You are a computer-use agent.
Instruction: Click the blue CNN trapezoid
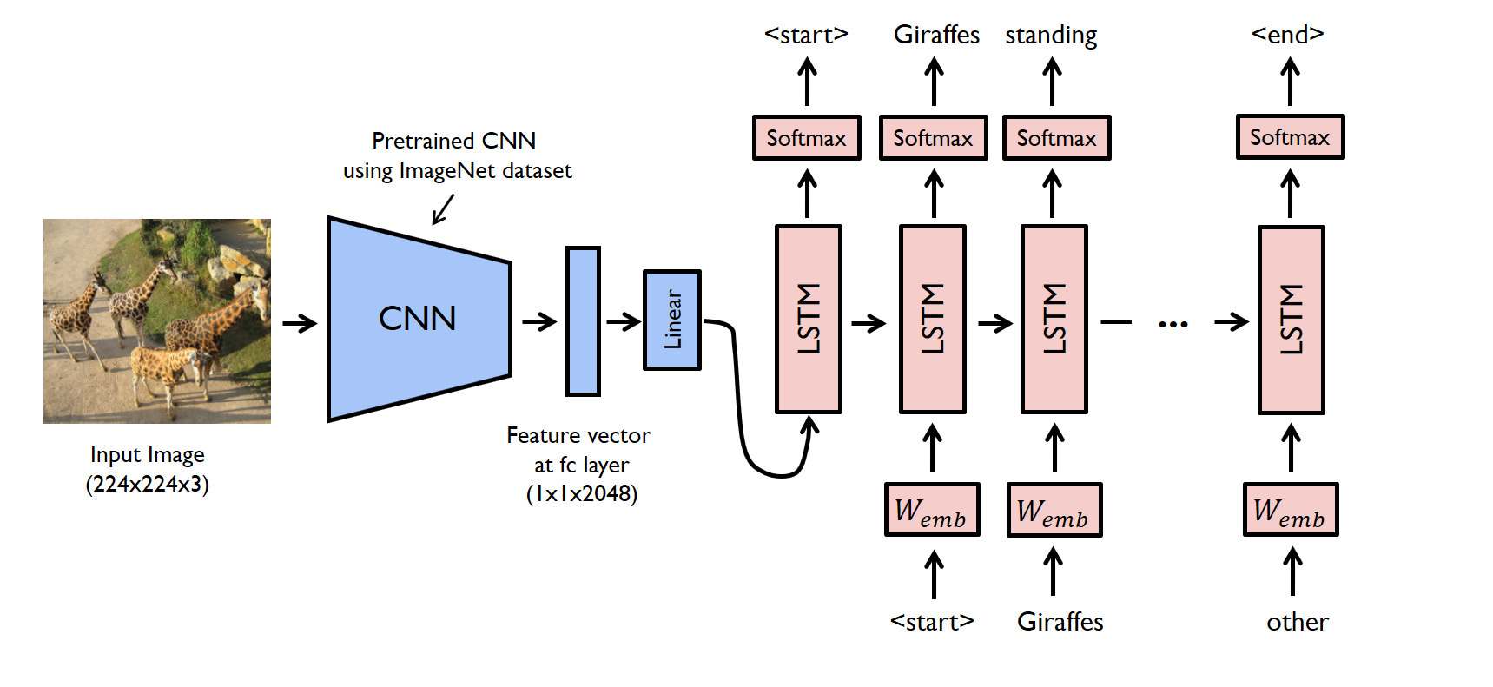click(x=419, y=319)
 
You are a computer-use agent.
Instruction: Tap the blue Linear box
click(x=672, y=320)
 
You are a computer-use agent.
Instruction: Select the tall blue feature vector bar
click(x=583, y=321)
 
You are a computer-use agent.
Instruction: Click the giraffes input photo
click(x=157, y=321)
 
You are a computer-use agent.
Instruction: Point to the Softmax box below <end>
click(x=1290, y=137)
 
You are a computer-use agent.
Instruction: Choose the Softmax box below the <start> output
click(x=807, y=138)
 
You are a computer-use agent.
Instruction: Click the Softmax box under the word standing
click(x=1057, y=138)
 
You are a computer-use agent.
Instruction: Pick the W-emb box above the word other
click(x=1291, y=510)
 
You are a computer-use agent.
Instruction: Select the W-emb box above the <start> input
click(x=932, y=510)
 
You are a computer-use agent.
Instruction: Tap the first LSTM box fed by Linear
click(x=809, y=319)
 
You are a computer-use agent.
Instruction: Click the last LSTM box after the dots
click(x=1292, y=320)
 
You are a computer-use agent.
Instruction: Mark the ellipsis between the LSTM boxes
click(x=1173, y=324)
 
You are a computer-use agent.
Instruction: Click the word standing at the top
click(x=1051, y=36)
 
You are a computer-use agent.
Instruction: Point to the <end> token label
click(x=1288, y=35)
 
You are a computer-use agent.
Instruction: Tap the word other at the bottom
click(x=1298, y=622)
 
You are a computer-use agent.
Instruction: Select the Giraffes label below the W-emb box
click(x=1060, y=622)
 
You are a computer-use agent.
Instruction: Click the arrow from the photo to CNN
click(x=300, y=324)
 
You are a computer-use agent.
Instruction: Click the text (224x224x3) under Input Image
click(x=148, y=484)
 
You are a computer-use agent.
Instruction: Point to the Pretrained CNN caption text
click(x=454, y=141)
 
